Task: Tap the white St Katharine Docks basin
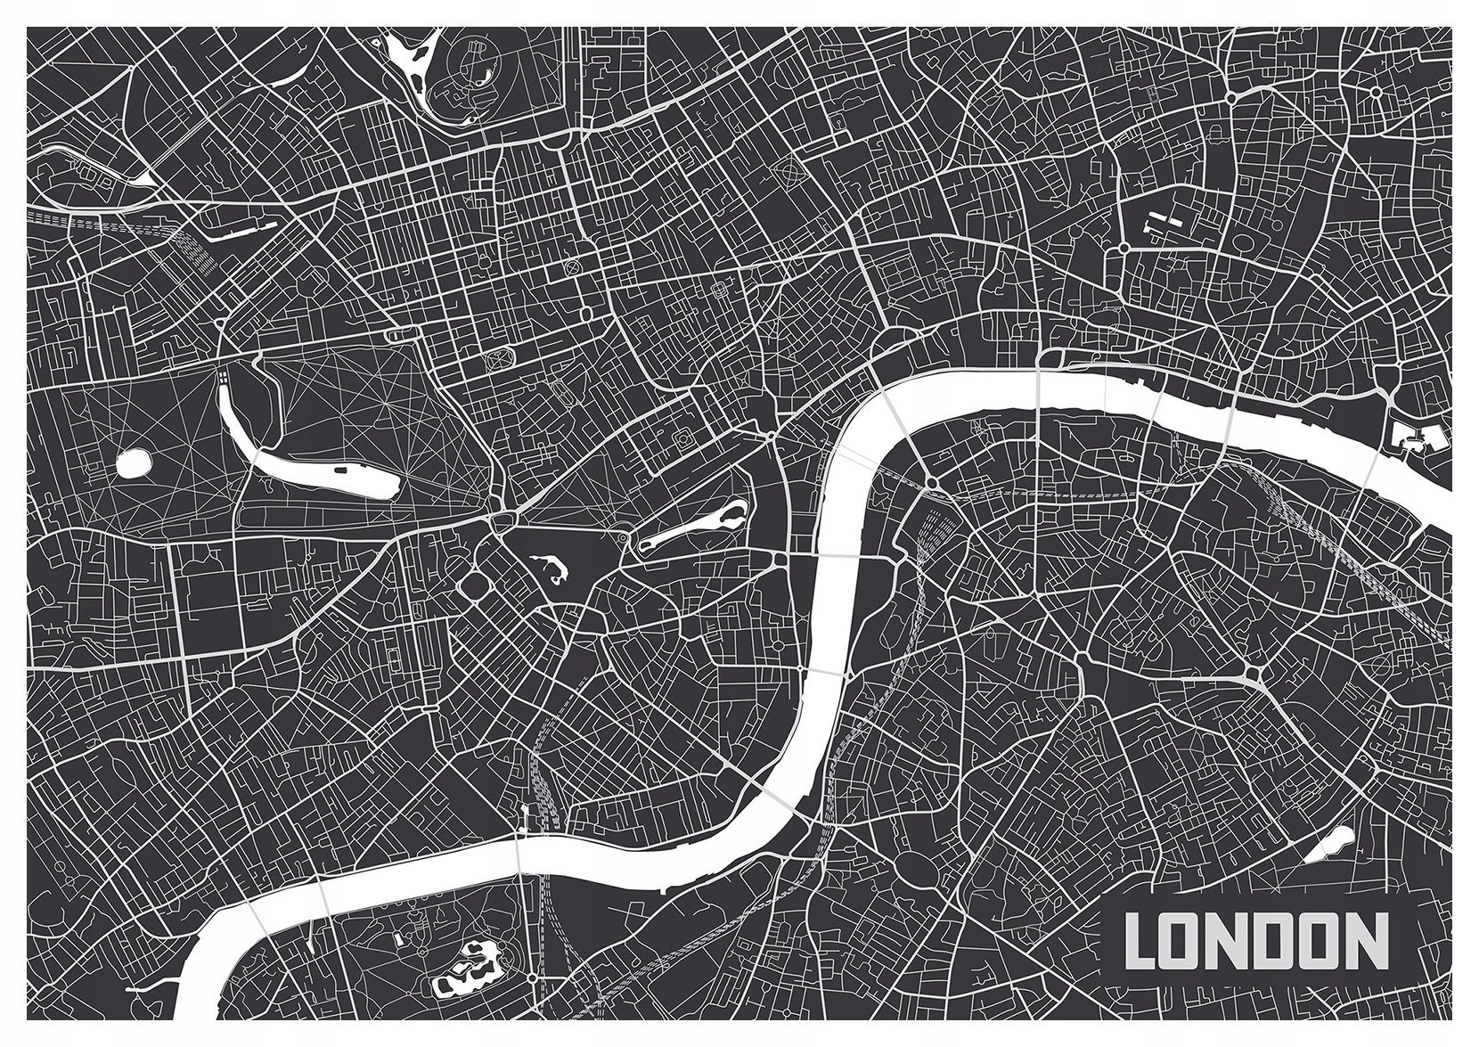point(1408,439)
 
